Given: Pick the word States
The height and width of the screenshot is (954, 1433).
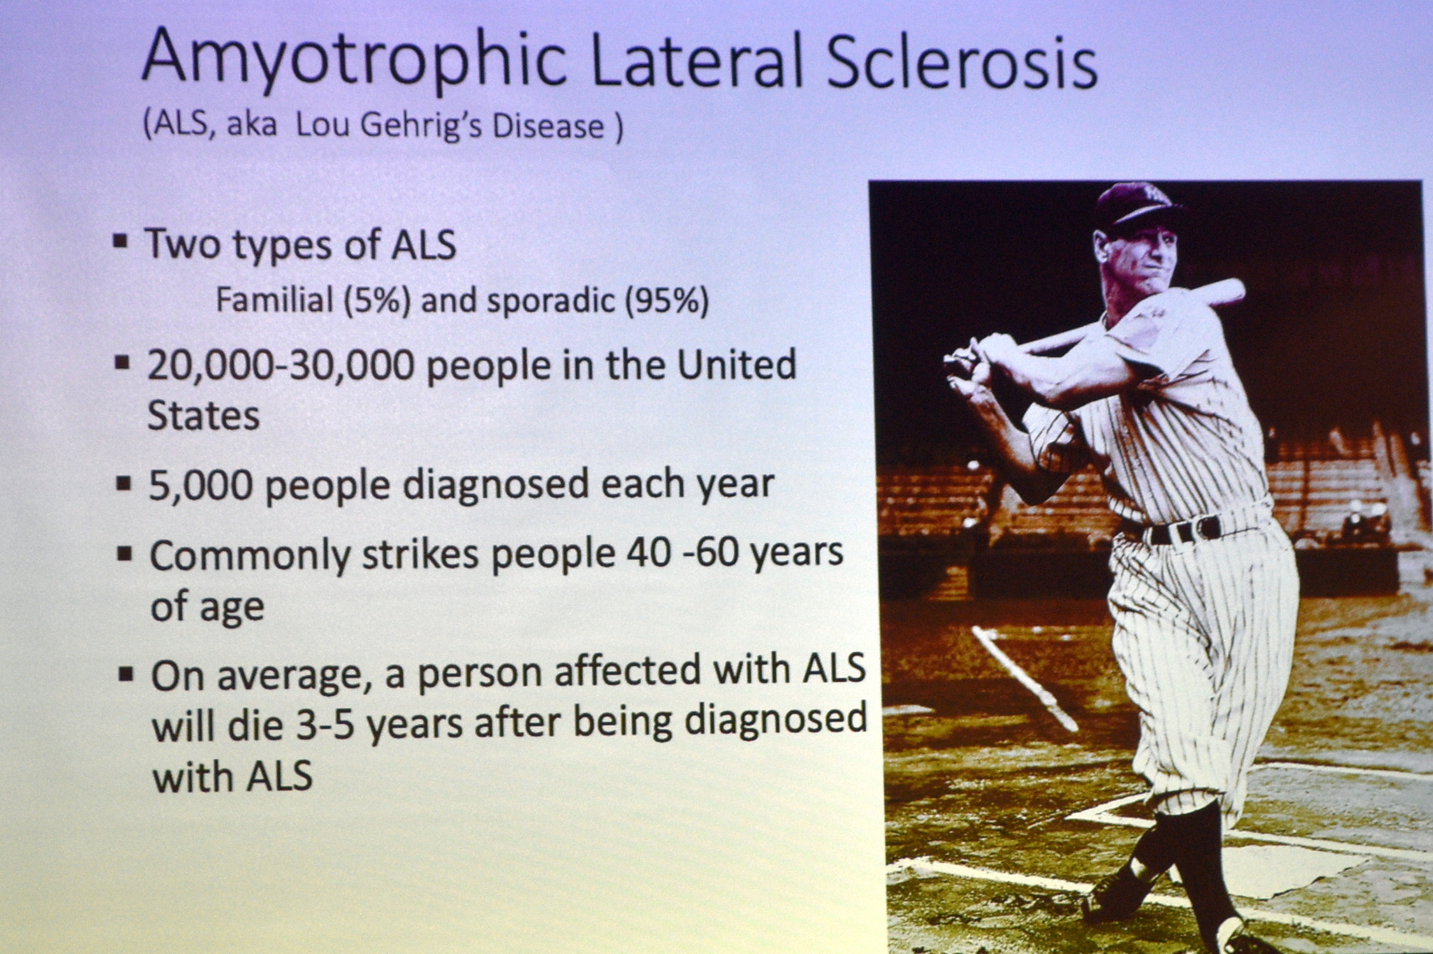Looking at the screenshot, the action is pyautogui.click(x=204, y=416).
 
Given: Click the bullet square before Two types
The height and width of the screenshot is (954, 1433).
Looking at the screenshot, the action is pyautogui.click(x=121, y=241).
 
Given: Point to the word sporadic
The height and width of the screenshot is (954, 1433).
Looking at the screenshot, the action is pyautogui.click(x=550, y=302).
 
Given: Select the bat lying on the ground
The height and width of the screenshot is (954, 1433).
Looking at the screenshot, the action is pyautogui.click(x=1025, y=678).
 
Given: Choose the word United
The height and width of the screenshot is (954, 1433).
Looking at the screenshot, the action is pyautogui.click(x=737, y=364).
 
